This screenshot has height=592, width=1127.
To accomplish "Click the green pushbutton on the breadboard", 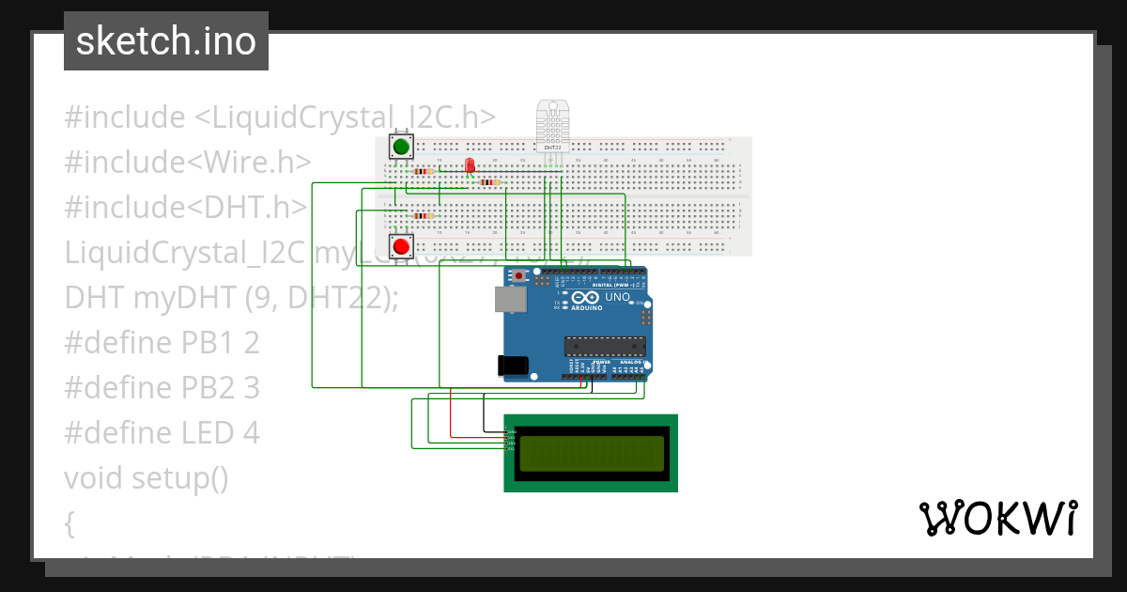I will (402, 147).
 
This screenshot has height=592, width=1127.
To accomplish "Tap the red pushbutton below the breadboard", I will (402, 246).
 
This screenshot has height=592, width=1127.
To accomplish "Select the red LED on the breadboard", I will (470, 165).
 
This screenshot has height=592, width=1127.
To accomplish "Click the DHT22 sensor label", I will (552, 148).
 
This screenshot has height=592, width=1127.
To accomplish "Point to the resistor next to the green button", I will (424, 171).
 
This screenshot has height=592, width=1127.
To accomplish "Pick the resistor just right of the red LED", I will (486, 181).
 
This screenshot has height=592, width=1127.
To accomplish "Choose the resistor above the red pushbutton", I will (423, 216).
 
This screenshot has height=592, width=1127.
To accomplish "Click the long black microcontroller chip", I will (605, 346).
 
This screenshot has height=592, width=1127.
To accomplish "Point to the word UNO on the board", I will (618, 297).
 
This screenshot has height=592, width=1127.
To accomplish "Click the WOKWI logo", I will (997, 518).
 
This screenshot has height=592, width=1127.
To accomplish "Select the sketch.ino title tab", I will (166, 41).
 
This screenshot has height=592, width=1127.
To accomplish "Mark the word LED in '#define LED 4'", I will (208, 433).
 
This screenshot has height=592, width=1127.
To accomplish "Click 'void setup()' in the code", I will (147, 478).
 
